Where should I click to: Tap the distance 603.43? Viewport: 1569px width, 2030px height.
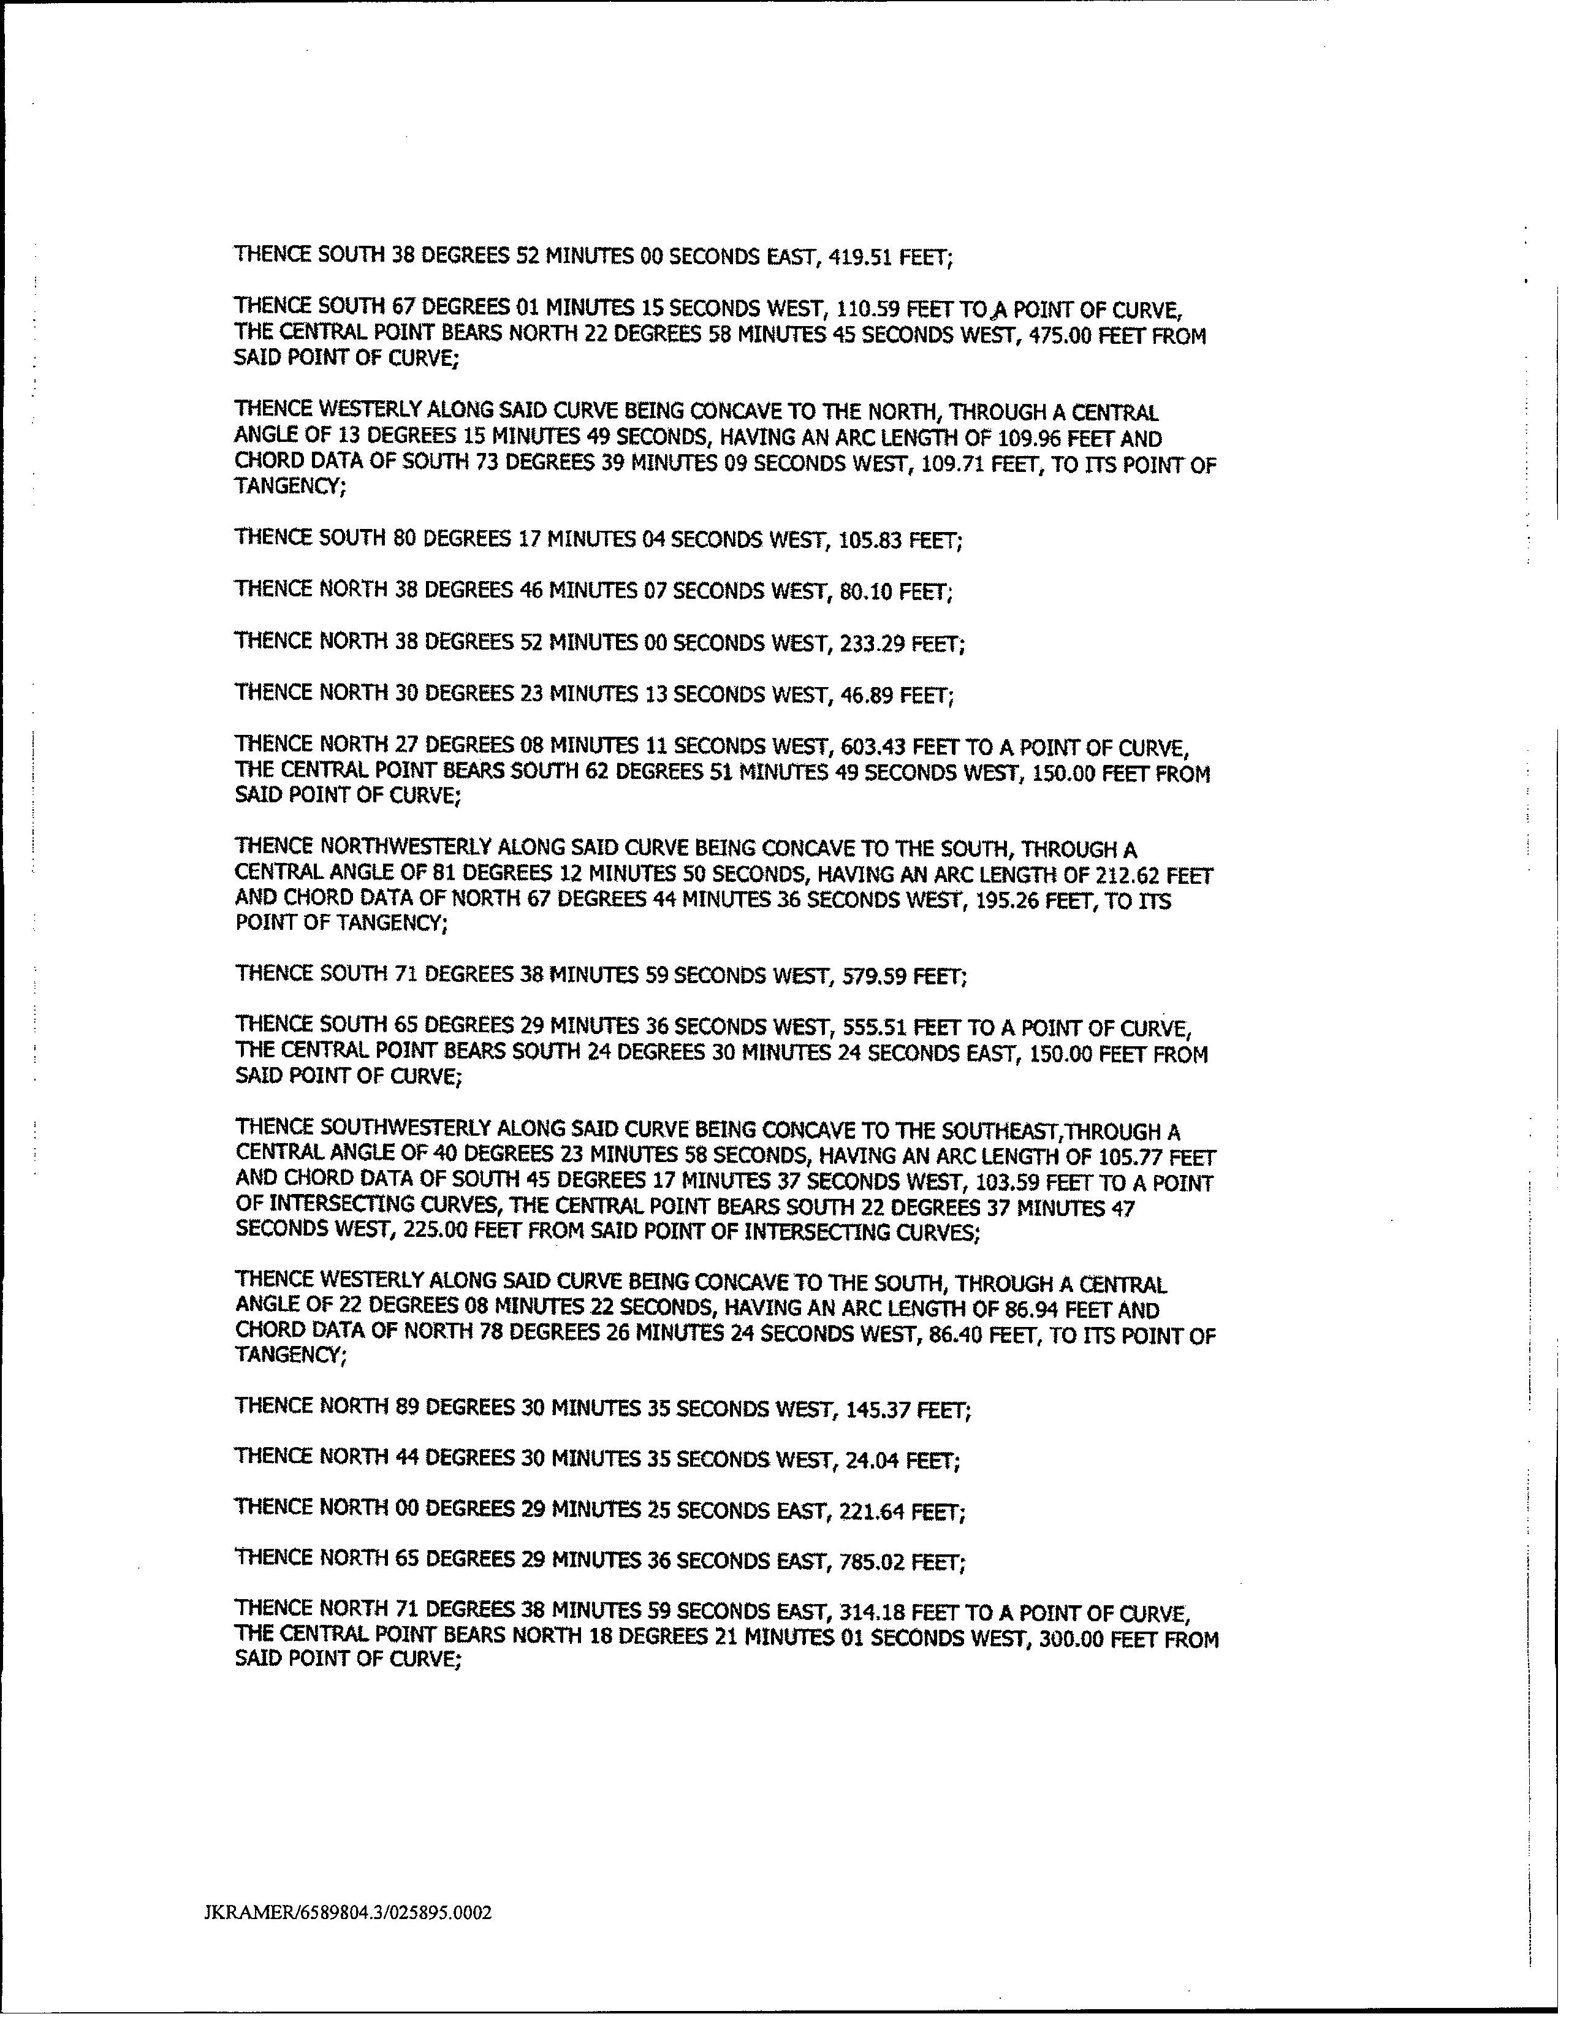pos(873,747)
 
